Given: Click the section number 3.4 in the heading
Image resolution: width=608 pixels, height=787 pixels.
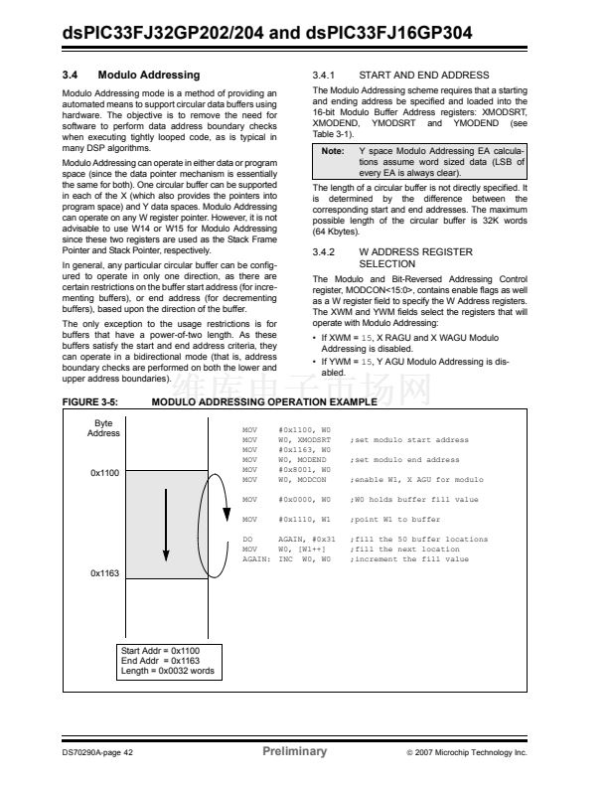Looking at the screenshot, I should [x=72, y=75].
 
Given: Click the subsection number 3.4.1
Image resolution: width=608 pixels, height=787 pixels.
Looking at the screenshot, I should [x=326, y=75].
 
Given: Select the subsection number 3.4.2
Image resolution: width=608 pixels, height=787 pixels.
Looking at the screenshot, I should [x=326, y=252].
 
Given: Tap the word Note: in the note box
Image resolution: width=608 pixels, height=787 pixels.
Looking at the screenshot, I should [x=333, y=150].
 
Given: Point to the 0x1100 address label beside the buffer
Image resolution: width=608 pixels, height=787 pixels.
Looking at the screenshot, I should [x=104, y=473].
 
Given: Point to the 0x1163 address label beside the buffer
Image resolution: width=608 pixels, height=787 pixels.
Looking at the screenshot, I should [x=104, y=573].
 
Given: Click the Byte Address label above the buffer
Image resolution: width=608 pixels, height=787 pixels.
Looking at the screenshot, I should [x=103, y=428].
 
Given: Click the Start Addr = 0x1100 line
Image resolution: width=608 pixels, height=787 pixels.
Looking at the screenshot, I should [x=160, y=650].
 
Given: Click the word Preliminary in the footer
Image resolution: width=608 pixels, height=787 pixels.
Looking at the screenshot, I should [x=294, y=751].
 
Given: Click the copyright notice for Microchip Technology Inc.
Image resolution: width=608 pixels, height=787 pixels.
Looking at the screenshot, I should [x=466, y=752].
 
